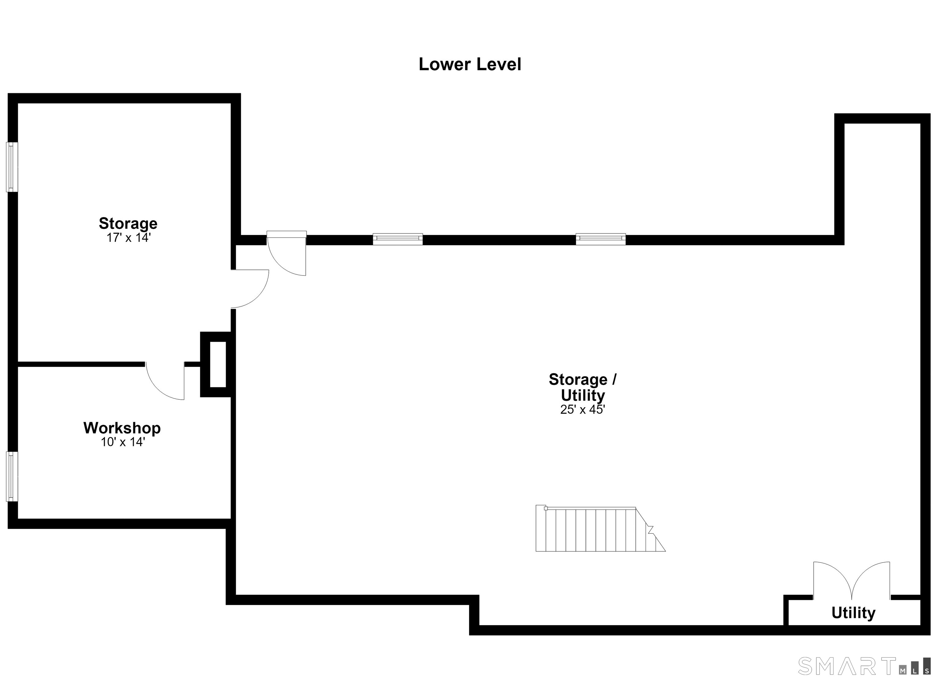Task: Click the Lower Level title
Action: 470,64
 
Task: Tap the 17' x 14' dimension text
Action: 128,238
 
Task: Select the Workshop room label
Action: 122,428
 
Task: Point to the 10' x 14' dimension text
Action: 123,442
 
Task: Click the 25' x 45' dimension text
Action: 583,409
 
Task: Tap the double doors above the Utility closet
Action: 852,581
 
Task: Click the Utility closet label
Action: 853,613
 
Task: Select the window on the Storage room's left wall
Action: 12,167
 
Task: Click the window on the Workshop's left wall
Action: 12,477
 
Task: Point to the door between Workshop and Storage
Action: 165,381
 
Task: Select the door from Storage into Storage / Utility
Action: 250,289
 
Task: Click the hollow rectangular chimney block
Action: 216,365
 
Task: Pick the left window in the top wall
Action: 398,239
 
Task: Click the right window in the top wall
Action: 601,239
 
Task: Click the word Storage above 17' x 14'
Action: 128,224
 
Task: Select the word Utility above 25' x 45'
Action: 583,395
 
